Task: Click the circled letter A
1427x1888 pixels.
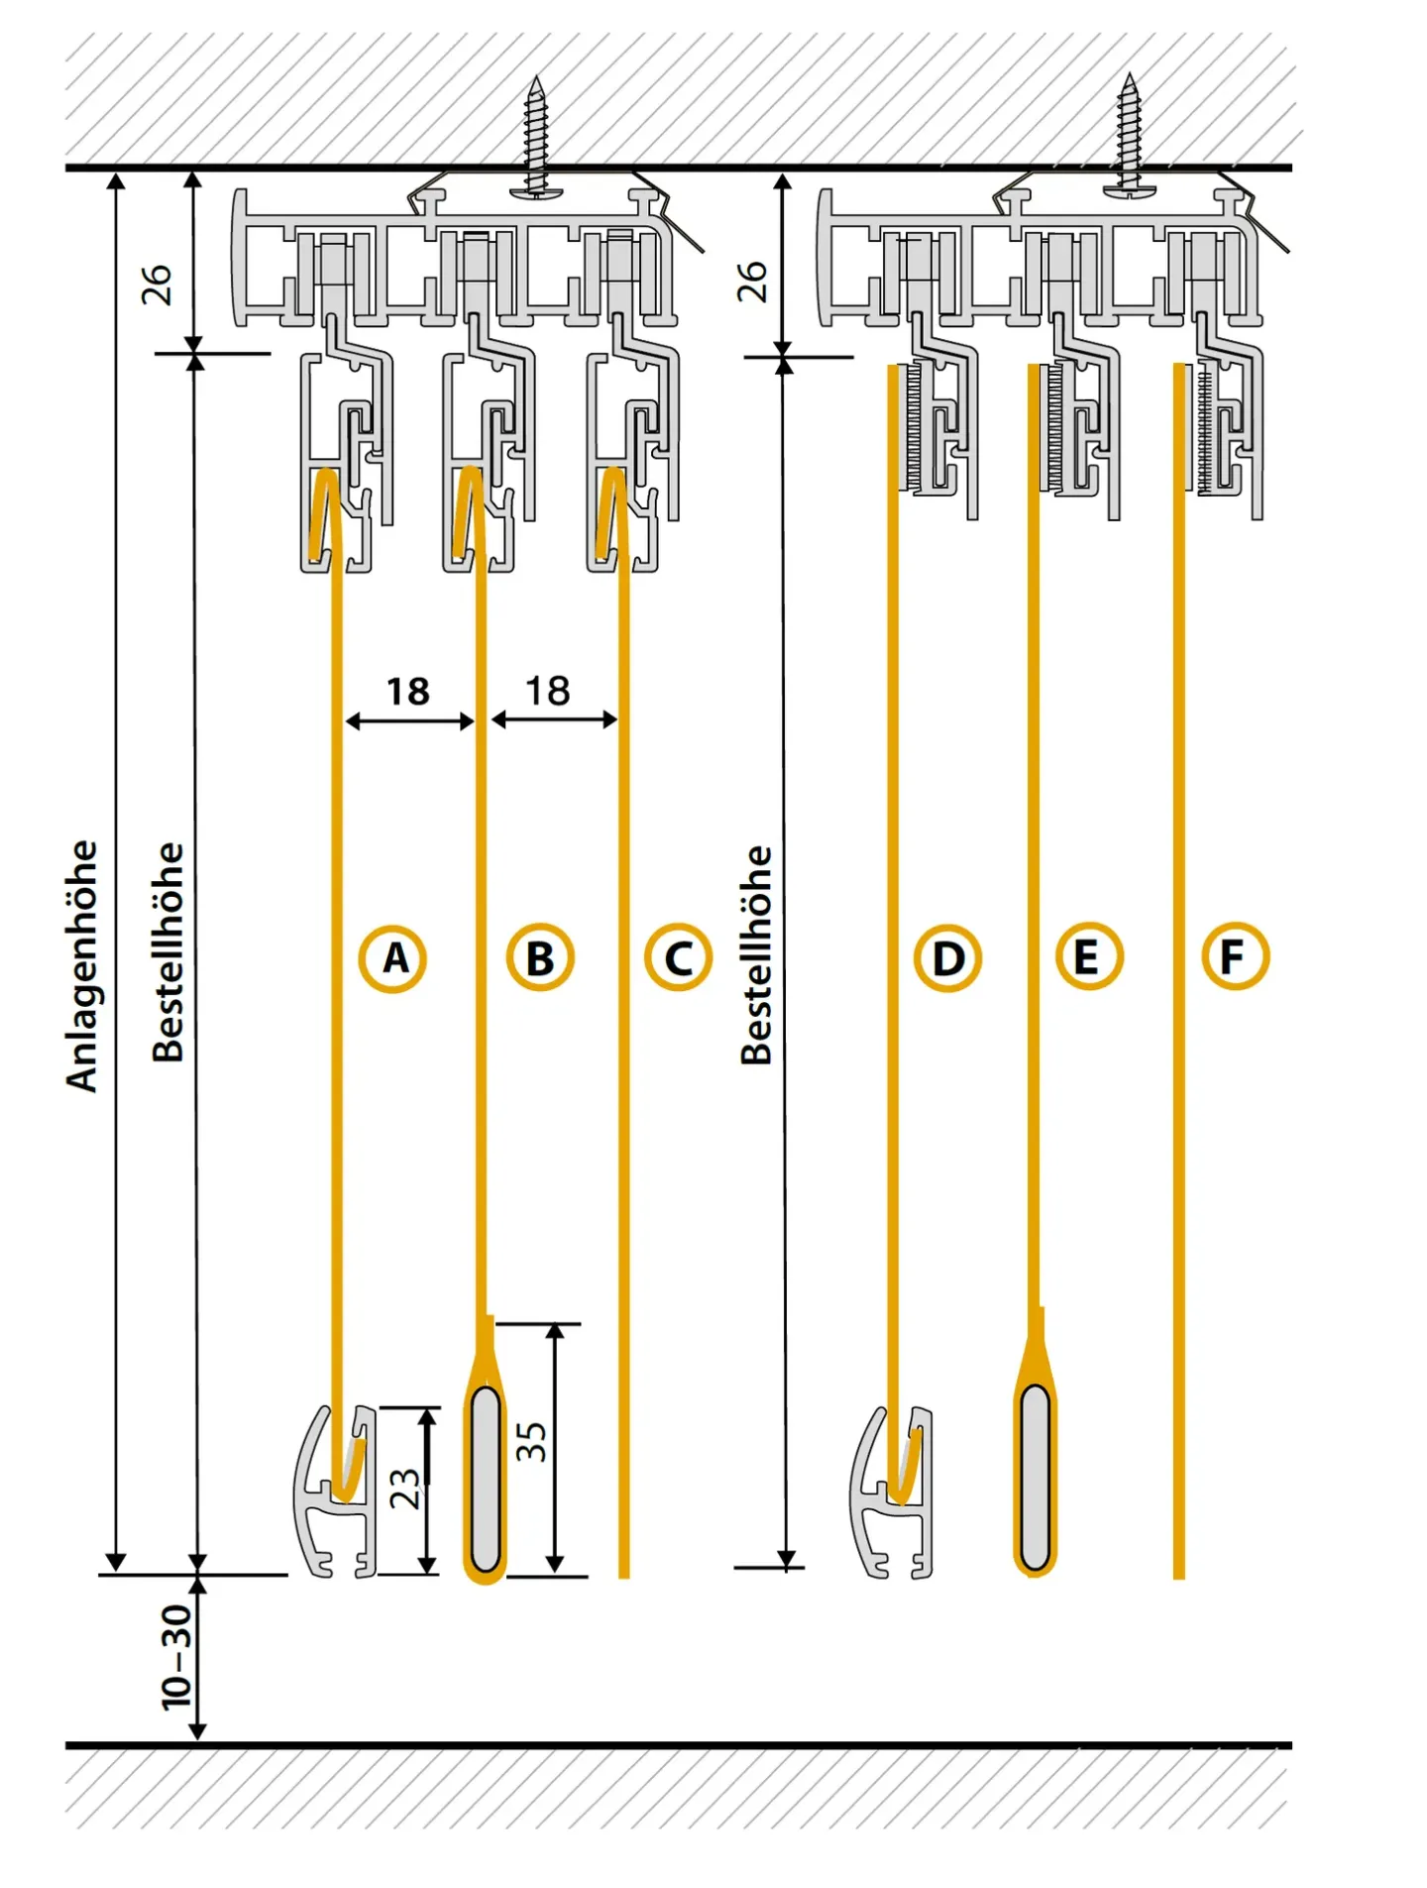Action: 392,958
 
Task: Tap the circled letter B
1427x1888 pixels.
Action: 539,958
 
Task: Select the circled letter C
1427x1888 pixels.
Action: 678,958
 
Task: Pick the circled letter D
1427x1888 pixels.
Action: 947,958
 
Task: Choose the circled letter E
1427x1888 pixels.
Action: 1088,957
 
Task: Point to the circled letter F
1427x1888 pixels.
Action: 1234,956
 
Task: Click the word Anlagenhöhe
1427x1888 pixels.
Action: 82,966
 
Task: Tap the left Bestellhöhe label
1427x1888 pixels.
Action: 168,952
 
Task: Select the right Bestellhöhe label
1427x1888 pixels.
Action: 756,955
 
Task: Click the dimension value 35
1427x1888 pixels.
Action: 532,1441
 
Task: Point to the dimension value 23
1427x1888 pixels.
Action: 404,1489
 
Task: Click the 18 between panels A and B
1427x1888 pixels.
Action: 407,691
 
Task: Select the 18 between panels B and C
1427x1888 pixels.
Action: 547,691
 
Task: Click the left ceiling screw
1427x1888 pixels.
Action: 536,139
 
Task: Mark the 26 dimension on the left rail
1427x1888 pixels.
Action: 157,284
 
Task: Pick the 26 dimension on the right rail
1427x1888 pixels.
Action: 752,282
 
